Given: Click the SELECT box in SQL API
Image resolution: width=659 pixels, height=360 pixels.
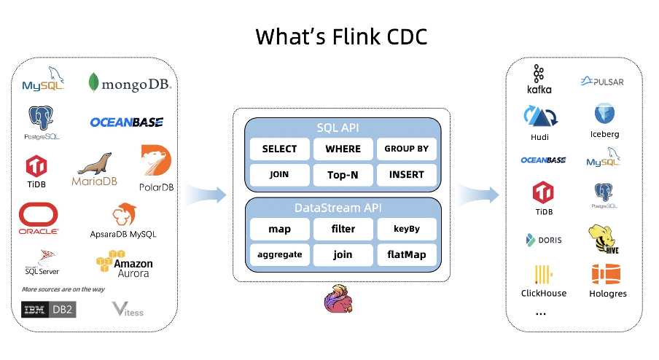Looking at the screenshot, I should coord(279,149).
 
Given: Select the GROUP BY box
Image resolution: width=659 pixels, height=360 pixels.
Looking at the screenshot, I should coord(406,149).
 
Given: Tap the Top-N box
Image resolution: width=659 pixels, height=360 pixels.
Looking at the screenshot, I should coord(343,175).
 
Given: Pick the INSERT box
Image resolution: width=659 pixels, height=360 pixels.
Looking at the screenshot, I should coord(406,175).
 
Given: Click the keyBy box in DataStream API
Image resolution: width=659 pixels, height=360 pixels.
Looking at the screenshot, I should coord(406,229).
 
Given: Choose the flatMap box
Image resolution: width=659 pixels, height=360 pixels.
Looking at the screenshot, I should coord(406,254).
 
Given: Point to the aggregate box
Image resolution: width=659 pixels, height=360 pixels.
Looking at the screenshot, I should coord(279,254).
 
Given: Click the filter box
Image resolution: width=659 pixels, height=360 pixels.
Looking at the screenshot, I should coord(343,229).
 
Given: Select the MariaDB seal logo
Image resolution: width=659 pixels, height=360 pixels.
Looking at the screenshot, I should coord(95,169).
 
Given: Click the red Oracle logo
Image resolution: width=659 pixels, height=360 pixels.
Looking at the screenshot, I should coord(39,218).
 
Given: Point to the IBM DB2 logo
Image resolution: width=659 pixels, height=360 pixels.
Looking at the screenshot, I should coord(48,310).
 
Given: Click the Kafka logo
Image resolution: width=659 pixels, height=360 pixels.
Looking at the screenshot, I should coord(539,79).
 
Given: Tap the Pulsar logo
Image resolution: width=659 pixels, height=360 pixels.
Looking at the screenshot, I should coord(602,82).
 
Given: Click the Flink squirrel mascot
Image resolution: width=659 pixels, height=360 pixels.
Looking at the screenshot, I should coord(338,300).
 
